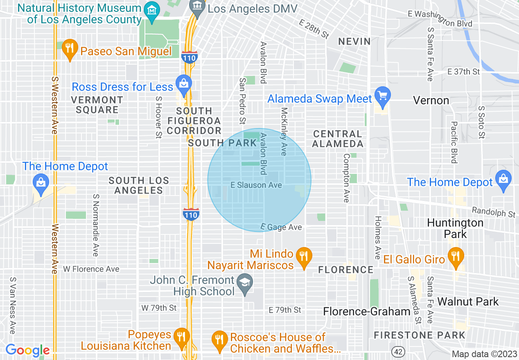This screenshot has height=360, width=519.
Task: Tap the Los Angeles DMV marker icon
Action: (198, 7)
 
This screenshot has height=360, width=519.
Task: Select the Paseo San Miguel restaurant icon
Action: (70, 48)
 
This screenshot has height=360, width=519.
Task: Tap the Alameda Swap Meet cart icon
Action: (383, 96)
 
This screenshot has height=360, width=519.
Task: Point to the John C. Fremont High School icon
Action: (245, 283)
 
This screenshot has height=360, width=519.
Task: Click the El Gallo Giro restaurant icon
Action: (455, 256)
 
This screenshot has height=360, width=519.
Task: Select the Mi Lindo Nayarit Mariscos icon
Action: (303, 256)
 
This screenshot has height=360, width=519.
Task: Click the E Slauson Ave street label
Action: (256, 185)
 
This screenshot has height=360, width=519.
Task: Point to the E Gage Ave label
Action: (282, 227)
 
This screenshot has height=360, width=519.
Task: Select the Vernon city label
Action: (431, 100)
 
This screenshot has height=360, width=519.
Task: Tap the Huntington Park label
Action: (455, 228)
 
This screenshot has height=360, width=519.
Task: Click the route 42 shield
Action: (397, 351)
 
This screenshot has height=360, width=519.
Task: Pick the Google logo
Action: (27, 350)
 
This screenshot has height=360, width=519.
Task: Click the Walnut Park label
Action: (468, 302)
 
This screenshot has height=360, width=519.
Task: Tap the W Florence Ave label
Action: (91, 269)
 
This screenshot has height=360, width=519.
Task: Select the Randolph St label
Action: (493, 211)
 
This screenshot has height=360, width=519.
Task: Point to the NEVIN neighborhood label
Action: (354, 41)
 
